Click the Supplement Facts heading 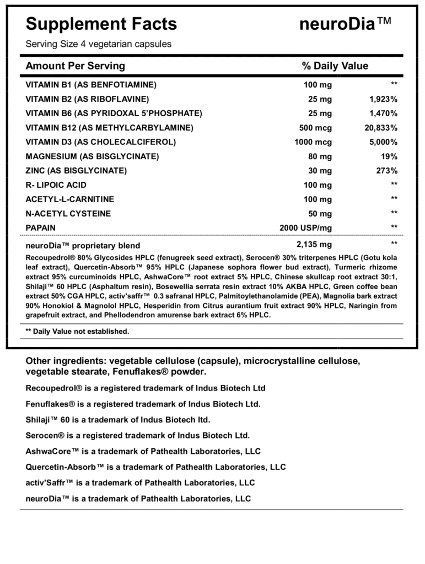click(101, 24)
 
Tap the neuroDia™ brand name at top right click(346, 24)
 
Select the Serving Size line click(99, 44)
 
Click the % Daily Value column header click(335, 66)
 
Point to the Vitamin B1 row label click(91, 85)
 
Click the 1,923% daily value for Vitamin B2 click(383, 99)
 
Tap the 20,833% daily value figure click(380, 128)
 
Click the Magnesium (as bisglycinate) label click(92, 156)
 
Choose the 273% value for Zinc click(386, 171)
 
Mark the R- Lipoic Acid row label click(56, 185)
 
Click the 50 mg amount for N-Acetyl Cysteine click(320, 214)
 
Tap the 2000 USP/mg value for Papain click(306, 227)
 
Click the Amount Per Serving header click(76, 66)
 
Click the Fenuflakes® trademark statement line click(143, 403)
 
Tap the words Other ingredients click(66, 361)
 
